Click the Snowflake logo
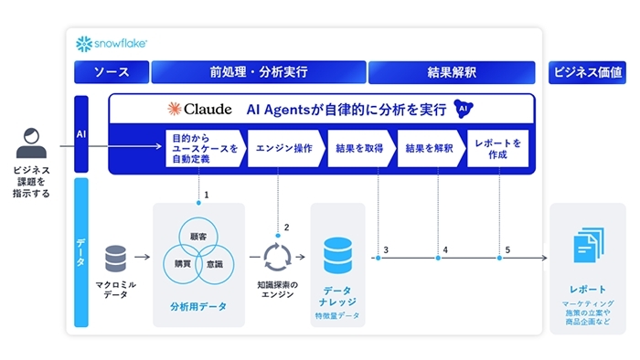pos(112,44)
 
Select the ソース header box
pos(112,72)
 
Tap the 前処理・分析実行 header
pos(259,72)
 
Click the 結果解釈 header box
pos(452,72)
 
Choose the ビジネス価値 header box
pos(587,72)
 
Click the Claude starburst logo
pos(175,109)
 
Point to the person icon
pos(31,143)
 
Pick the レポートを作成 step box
pos(498,148)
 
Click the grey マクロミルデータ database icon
pos(115,259)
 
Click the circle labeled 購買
pos(165,264)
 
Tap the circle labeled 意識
pos(233,264)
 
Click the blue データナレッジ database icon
pos(338,256)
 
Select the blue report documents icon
pos(589,246)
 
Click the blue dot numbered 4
pos(438,258)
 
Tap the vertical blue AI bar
pos(81,134)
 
